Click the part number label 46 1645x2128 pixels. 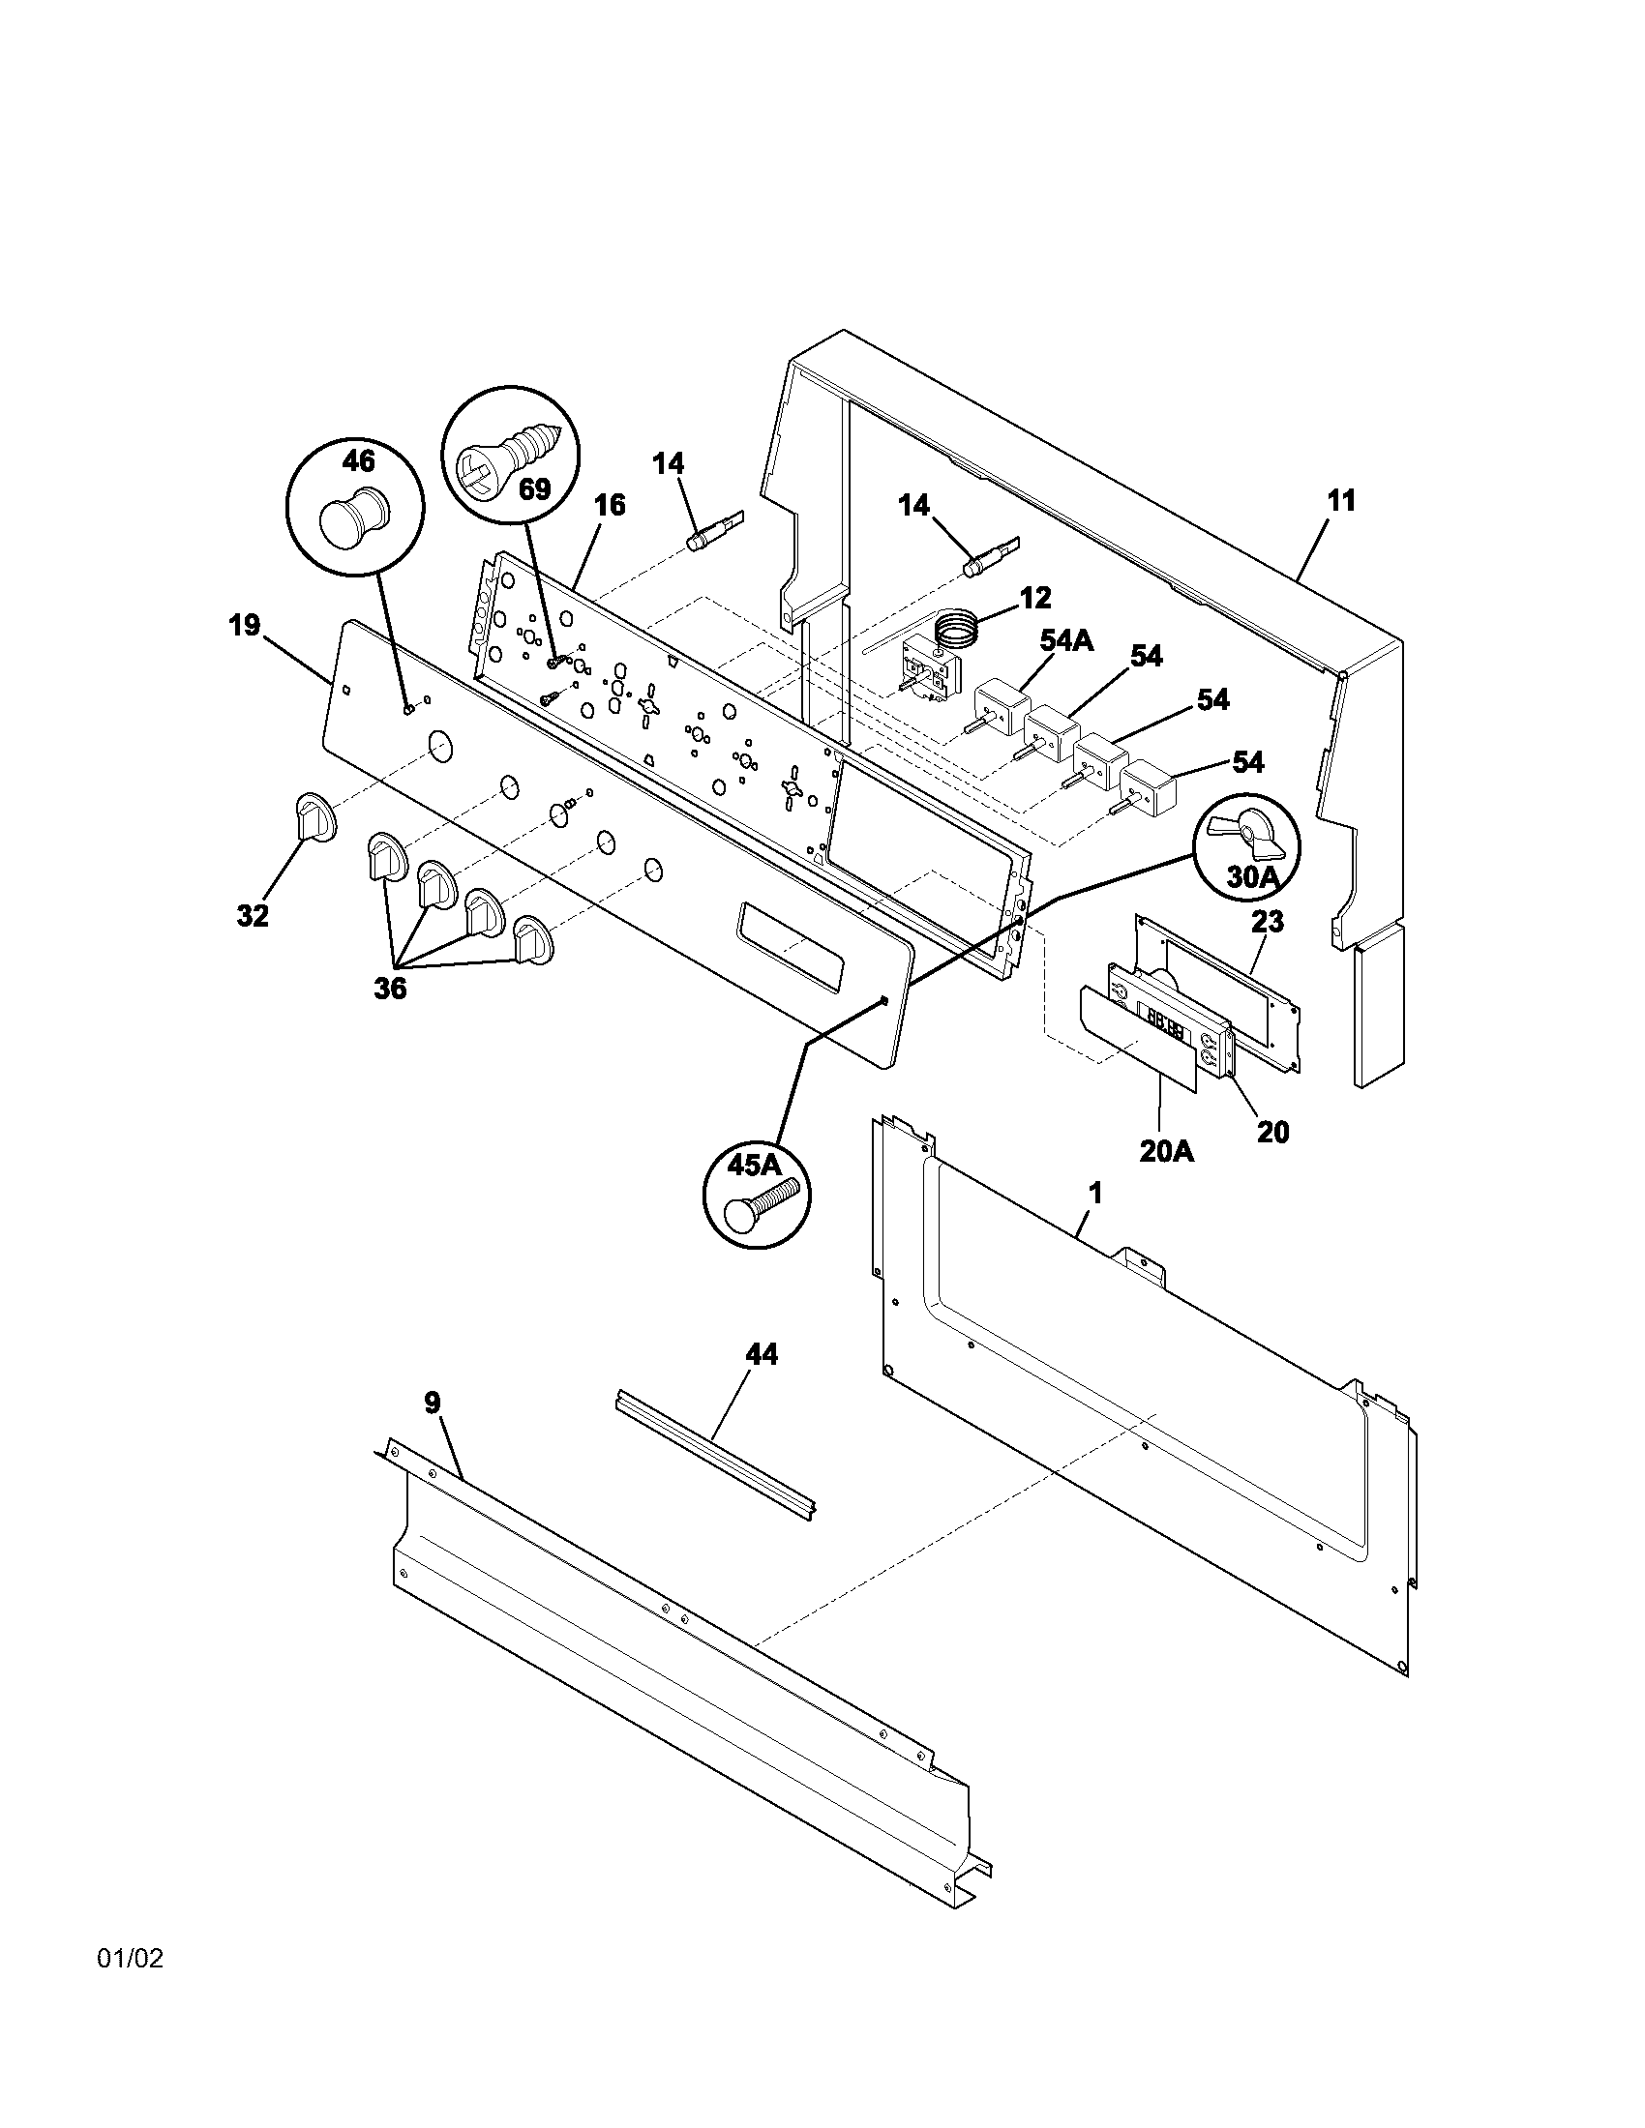pyautogui.click(x=358, y=460)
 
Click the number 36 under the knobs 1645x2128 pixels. pyautogui.click(x=390, y=988)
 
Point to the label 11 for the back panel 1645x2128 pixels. pyautogui.click(x=1341, y=502)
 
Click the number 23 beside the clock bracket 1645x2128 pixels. pyautogui.click(x=1267, y=921)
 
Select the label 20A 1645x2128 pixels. pyautogui.click(x=1167, y=1151)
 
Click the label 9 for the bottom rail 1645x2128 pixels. pyautogui.click(x=432, y=1403)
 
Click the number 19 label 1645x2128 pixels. pyautogui.click(x=245, y=625)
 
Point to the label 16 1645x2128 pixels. pyautogui.click(x=609, y=505)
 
